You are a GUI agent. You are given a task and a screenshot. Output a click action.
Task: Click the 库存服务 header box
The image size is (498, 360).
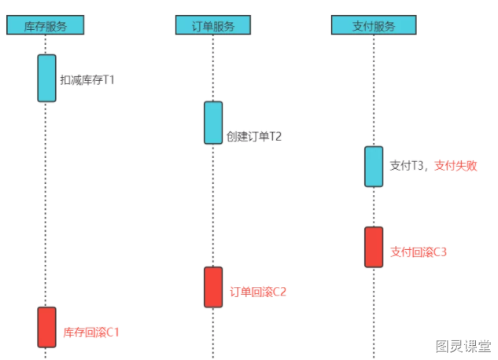(46, 25)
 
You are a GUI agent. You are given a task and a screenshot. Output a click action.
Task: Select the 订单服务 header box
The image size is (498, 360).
(213, 25)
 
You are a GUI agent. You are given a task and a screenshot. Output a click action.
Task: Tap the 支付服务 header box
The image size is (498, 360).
(374, 25)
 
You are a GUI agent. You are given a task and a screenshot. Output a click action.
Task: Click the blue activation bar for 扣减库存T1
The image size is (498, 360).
(46, 78)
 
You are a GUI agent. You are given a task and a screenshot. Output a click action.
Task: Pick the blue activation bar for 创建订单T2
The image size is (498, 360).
(213, 123)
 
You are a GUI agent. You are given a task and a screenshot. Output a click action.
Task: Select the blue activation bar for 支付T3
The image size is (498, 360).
(374, 167)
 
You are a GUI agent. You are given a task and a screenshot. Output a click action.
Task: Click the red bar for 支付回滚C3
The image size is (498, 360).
(374, 247)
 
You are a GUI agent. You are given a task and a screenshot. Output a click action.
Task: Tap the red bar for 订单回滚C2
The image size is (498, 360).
(213, 287)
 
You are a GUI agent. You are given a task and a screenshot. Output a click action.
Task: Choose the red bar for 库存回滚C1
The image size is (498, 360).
(46, 327)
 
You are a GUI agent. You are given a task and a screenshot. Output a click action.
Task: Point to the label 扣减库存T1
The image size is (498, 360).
(87, 79)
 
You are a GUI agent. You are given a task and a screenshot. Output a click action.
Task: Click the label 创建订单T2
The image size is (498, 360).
(254, 136)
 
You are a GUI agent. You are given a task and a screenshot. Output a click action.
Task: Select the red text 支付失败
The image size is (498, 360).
(456, 166)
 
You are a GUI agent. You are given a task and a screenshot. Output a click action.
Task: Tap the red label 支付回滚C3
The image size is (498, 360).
(419, 252)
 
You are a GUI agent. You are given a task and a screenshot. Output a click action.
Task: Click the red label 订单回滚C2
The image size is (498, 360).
(258, 292)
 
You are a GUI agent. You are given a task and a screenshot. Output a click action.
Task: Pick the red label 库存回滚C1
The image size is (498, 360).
(91, 332)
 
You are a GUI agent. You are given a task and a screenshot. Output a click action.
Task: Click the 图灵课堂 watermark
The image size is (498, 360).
(463, 346)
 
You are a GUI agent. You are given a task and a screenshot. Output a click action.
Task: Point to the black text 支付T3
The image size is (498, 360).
(408, 166)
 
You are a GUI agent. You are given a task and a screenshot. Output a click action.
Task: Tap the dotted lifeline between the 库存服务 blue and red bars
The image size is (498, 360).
(46, 204)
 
